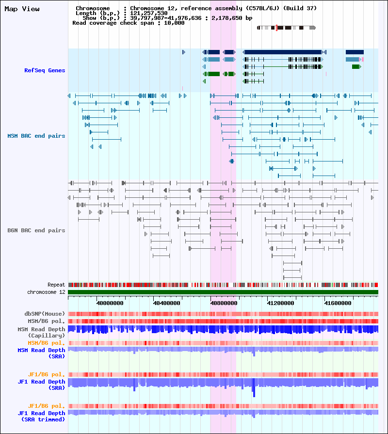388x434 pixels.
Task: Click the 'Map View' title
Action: click(22, 9)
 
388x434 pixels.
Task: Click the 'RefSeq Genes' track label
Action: click(45, 70)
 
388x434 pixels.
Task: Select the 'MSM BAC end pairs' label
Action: click(36, 136)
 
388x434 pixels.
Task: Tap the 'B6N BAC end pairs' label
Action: click(36, 230)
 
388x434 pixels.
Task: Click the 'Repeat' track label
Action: click(56, 285)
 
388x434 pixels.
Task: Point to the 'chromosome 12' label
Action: click(46, 292)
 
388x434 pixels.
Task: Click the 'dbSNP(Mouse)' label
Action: click(45, 314)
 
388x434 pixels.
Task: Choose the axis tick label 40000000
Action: click(110, 303)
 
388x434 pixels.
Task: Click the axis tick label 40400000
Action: click(167, 303)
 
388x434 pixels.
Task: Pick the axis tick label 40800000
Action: click(224, 303)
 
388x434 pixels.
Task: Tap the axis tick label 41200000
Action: click(281, 303)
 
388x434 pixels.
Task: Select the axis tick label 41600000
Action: click(338, 303)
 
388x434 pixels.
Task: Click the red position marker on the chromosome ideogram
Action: click(276, 28)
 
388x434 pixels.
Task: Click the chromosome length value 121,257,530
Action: click(149, 13)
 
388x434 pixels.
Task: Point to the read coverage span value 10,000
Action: click(174, 23)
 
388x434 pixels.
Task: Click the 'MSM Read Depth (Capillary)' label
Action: click(42, 333)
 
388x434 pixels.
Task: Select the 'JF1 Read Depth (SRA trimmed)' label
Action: click(42, 416)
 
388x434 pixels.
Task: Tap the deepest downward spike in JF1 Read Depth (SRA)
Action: click(254, 395)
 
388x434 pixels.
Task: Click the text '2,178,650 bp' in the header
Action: click(232, 18)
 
